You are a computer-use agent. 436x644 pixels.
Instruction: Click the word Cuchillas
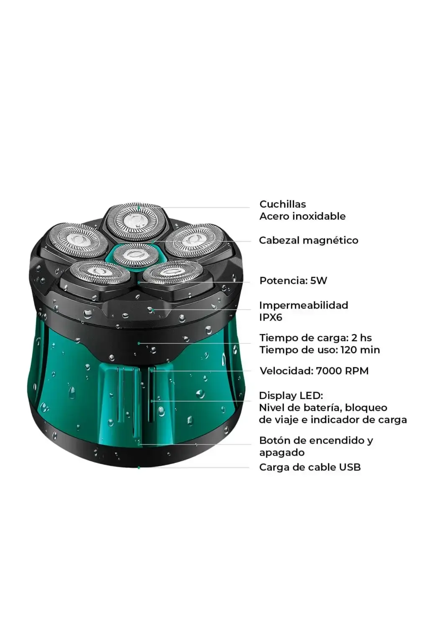[x=283, y=204]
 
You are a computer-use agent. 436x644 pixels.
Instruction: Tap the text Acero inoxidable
[x=302, y=216]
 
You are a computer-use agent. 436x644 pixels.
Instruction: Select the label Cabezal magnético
[x=309, y=240]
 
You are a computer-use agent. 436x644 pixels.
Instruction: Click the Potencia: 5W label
[x=293, y=280]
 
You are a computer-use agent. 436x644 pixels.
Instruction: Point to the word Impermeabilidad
[x=304, y=305]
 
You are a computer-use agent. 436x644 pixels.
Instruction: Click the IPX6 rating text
[x=271, y=317]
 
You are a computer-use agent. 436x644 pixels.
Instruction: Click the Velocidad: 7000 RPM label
[x=314, y=371]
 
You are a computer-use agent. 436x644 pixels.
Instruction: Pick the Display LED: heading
[x=291, y=396]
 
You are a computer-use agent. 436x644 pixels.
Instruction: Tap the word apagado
[x=282, y=453]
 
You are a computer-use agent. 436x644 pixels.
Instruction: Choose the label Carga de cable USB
[x=310, y=467]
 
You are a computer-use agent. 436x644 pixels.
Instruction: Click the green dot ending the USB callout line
[x=139, y=468]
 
